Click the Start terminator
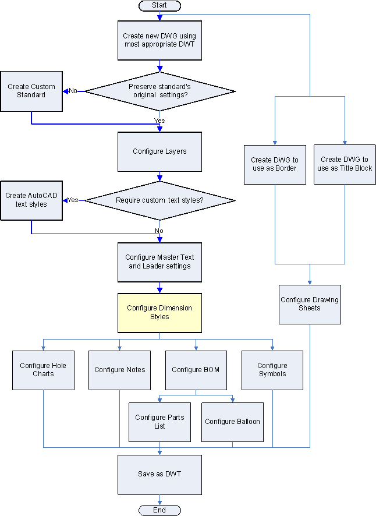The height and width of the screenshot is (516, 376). [159, 5]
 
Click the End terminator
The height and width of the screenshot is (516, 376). [159, 510]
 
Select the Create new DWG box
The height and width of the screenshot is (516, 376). [159, 40]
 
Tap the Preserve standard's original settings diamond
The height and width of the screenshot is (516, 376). [159, 91]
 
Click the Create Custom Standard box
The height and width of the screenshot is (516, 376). [31, 91]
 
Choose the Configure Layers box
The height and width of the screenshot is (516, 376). [159, 151]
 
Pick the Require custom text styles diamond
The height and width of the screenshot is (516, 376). [159, 201]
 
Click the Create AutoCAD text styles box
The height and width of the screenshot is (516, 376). [31, 200]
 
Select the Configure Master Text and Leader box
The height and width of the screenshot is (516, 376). [159, 261]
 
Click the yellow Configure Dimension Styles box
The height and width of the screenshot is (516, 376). [159, 313]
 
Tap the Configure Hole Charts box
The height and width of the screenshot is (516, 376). [43, 370]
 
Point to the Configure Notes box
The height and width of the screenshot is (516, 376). [119, 370]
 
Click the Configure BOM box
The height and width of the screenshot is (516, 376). [196, 370]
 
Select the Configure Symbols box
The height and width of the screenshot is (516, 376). [272, 370]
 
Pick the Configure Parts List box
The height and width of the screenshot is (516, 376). [159, 422]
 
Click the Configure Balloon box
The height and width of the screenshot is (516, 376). [232, 422]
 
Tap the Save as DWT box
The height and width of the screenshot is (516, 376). [159, 474]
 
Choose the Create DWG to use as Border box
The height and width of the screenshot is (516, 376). [275, 164]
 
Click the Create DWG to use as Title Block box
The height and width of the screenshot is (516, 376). [345, 164]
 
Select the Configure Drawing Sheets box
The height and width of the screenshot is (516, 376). [310, 304]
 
